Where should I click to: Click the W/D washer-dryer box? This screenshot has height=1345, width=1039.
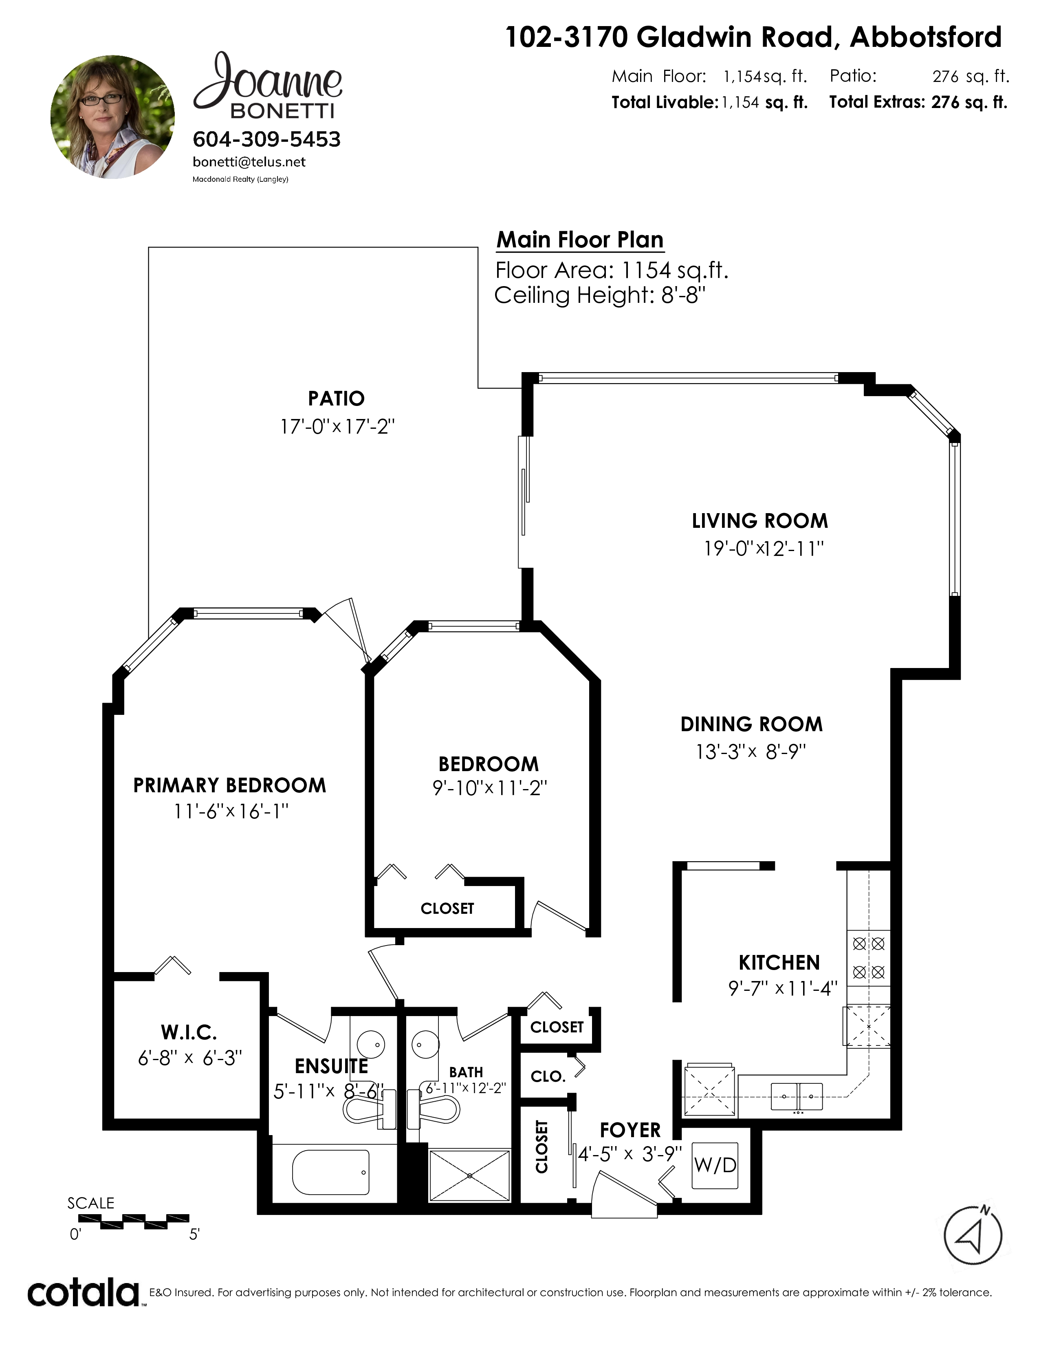715,1165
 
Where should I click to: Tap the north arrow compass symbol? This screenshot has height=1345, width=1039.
973,1236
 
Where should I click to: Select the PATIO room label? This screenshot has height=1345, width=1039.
336,399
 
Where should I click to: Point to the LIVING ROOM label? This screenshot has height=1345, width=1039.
759,521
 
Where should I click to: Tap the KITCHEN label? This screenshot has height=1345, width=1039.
779,963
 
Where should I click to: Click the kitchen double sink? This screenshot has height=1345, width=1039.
797,1097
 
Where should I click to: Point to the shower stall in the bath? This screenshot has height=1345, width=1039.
470,1175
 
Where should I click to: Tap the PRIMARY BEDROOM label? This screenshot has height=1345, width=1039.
229,785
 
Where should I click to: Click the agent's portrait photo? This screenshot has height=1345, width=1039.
112,117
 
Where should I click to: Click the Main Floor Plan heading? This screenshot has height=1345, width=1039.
580,240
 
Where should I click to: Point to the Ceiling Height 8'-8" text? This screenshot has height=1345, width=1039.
599,295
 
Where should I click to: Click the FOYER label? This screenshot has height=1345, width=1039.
630,1130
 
